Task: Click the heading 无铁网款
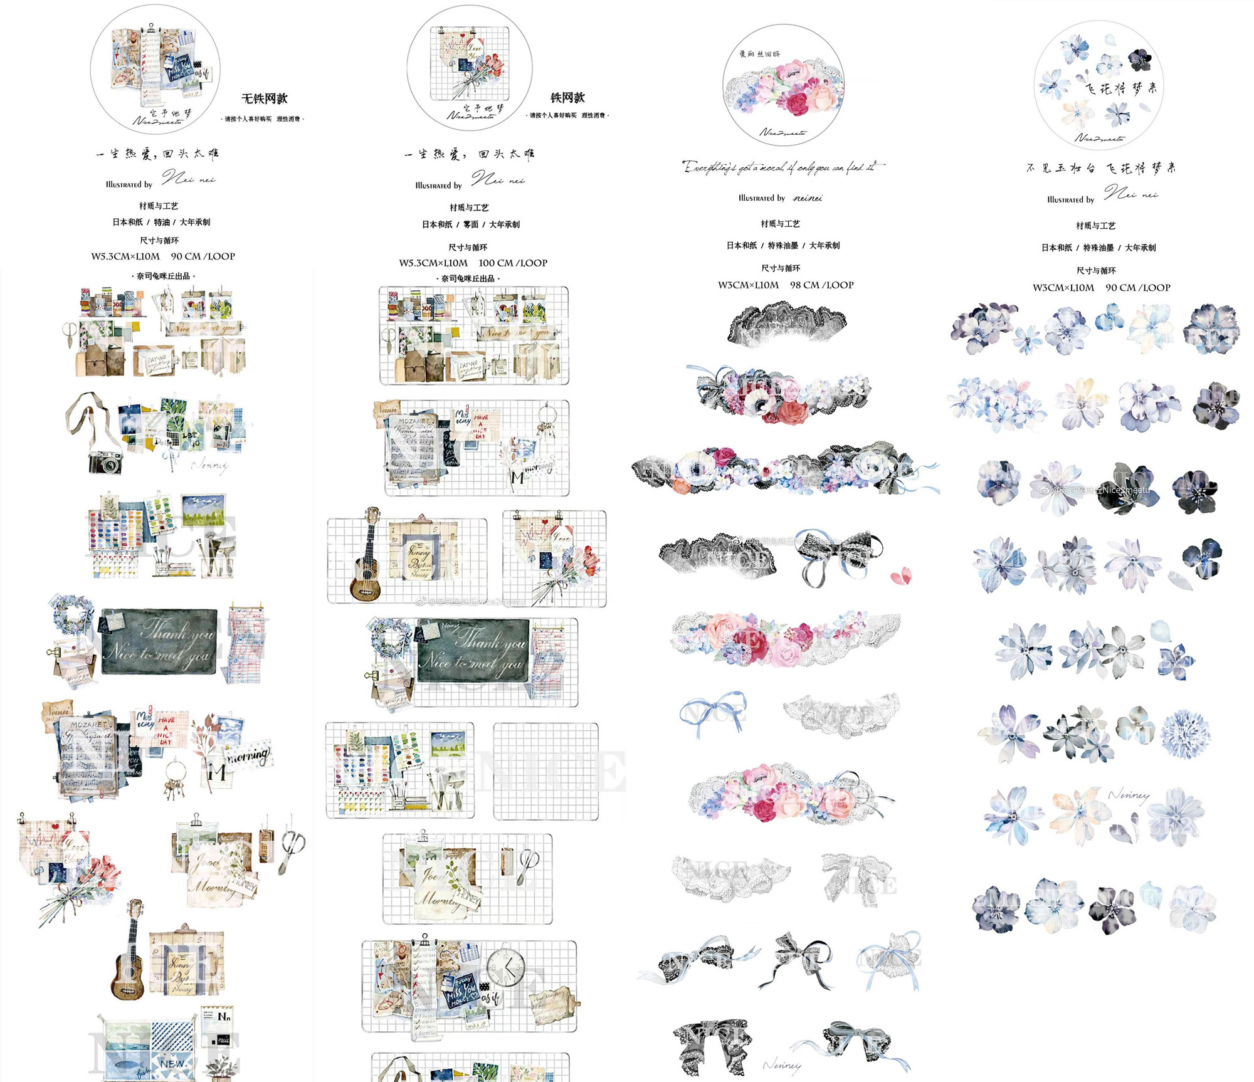[x=264, y=98]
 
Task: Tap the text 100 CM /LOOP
[x=513, y=263]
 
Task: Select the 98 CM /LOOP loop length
[x=821, y=285]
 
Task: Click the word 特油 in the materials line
[x=162, y=223]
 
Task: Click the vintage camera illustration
[x=105, y=463]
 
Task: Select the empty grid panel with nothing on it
[x=545, y=771]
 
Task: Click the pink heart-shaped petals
[x=901, y=575]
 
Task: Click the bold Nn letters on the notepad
[x=223, y=1016]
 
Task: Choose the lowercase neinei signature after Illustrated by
[x=808, y=199]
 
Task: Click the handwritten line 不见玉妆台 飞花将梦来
[x=1100, y=168]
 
